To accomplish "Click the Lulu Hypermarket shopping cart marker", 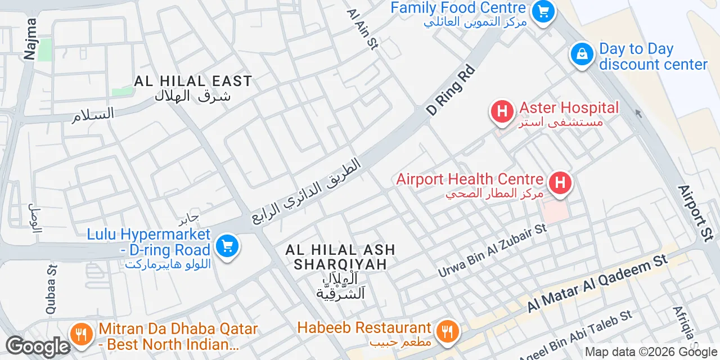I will [x=227, y=246].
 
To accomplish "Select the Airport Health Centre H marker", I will [x=560, y=183].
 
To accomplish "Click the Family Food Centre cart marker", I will [x=543, y=11].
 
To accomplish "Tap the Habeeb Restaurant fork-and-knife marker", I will [x=448, y=331].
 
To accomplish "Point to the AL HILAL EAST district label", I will [x=193, y=82].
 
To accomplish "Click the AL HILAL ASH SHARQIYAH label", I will [x=340, y=256].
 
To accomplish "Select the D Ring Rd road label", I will [x=451, y=91].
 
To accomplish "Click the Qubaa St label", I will [x=51, y=290].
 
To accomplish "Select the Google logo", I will [x=38, y=346].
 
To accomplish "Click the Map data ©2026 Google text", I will [x=651, y=352].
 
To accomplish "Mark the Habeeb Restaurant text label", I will [x=364, y=327].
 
